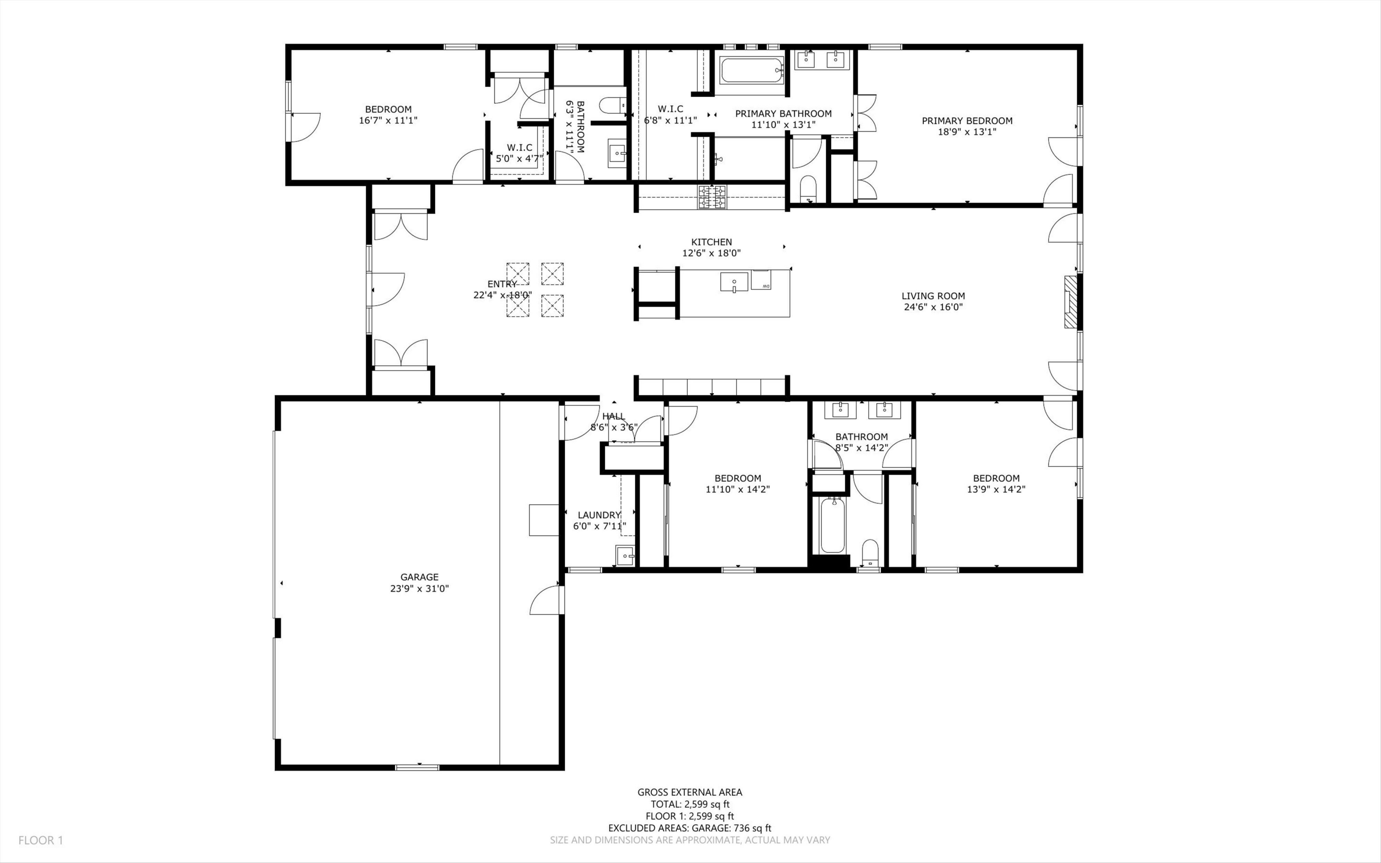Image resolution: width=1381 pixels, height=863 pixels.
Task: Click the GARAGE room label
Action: click(419, 577)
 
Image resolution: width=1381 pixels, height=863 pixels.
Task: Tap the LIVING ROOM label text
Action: click(933, 296)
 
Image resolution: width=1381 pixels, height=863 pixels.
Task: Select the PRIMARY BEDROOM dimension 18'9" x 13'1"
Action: click(967, 132)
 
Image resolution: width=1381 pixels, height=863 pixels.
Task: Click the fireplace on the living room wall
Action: click(1070, 303)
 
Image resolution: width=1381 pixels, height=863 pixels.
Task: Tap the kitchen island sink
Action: click(734, 282)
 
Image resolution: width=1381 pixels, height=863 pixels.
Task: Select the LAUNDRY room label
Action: click(598, 515)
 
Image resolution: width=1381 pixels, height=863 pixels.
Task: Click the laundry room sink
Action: click(625, 555)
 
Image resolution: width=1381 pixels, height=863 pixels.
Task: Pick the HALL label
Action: click(614, 417)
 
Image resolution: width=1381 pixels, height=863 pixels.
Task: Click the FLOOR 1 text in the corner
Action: click(41, 840)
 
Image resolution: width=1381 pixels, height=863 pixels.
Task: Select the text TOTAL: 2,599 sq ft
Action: click(690, 804)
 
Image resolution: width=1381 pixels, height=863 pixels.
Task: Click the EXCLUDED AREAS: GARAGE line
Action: click(690, 828)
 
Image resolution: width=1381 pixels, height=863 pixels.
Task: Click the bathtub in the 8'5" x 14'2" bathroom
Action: click(832, 525)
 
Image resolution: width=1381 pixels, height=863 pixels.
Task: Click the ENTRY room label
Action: click(502, 284)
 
